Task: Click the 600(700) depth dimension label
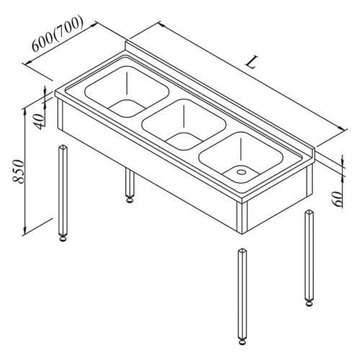(x=58, y=34)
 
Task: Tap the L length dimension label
(x=251, y=63)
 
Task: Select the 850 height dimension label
(x=19, y=171)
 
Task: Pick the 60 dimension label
(x=338, y=199)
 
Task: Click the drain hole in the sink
(x=240, y=172)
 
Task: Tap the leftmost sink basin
(x=127, y=91)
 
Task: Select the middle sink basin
(x=184, y=125)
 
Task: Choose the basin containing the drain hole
(x=240, y=158)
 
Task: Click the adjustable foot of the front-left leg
(x=63, y=239)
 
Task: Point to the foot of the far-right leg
(x=310, y=303)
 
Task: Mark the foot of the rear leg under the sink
(x=130, y=199)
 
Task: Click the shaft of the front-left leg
(x=63, y=190)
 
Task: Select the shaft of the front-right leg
(x=242, y=294)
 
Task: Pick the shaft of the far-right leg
(x=310, y=255)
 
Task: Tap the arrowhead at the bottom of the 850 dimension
(x=24, y=231)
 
